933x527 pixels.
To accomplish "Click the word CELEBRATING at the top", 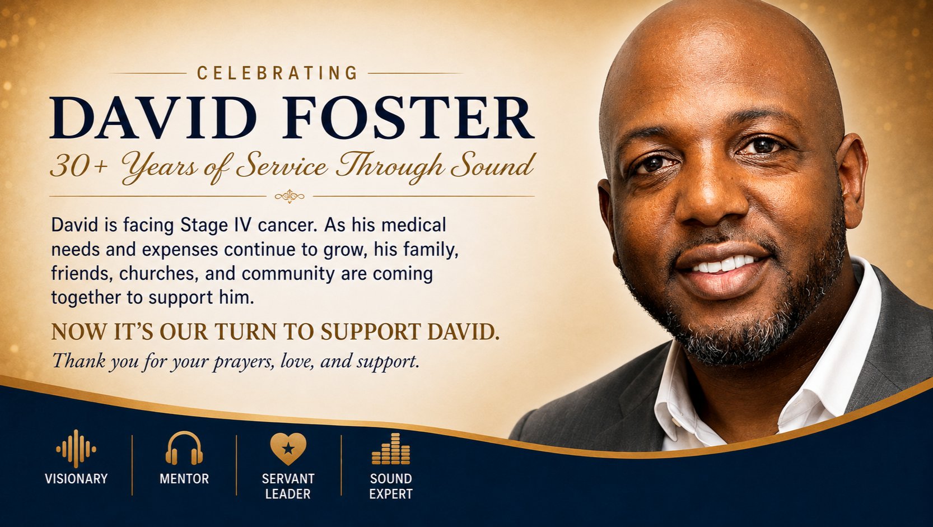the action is pyautogui.click(x=277, y=73).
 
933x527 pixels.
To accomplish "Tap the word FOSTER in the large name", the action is pyautogui.click(x=407, y=118).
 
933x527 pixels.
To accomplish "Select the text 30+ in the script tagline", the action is pyautogui.click(x=79, y=167).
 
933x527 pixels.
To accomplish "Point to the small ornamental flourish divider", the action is pyautogui.click(x=290, y=196).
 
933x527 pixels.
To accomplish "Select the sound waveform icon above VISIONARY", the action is pyautogui.click(x=76, y=449).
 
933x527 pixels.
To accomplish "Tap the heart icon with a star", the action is pyautogui.click(x=288, y=448).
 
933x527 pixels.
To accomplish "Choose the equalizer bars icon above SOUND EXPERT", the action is pyautogui.click(x=391, y=449).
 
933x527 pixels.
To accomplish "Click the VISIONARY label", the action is pyautogui.click(x=76, y=479).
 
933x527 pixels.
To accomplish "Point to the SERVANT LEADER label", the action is pyautogui.click(x=288, y=486).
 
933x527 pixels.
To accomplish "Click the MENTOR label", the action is pyautogui.click(x=184, y=479).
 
